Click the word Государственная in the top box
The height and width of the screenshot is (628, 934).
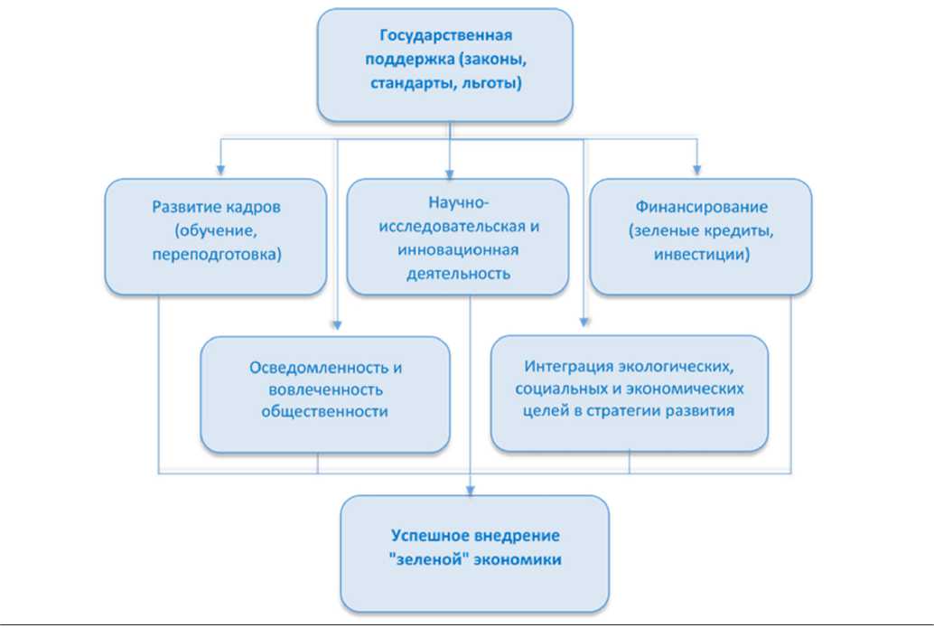[x=445, y=37]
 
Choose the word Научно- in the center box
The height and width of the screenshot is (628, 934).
[x=457, y=202]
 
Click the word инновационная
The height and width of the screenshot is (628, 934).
[x=457, y=249]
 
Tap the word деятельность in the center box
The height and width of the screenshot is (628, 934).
[x=457, y=272]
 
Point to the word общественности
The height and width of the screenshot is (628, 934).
[x=325, y=411]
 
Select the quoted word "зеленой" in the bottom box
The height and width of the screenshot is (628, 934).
[x=422, y=560]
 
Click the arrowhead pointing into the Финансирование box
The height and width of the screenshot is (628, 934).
[x=696, y=170]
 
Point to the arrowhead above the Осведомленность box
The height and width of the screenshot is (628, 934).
[x=336, y=328]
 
